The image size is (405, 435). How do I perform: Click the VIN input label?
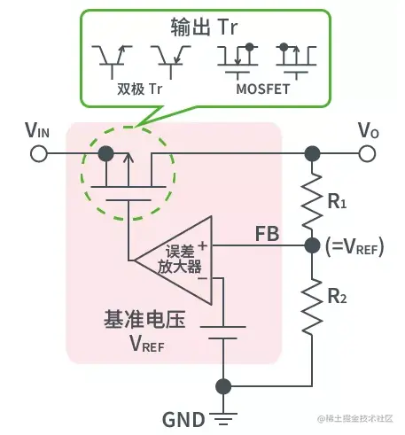[38, 131]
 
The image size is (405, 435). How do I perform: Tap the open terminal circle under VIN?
[38, 154]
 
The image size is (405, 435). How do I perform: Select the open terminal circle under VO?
[368, 154]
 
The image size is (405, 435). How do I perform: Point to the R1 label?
[337, 202]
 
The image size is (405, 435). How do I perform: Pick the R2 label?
[337, 295]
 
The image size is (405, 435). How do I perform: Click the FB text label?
[268, 235]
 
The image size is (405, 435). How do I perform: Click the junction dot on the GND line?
[223, 386]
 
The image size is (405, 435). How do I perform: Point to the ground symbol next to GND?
[223, 420]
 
